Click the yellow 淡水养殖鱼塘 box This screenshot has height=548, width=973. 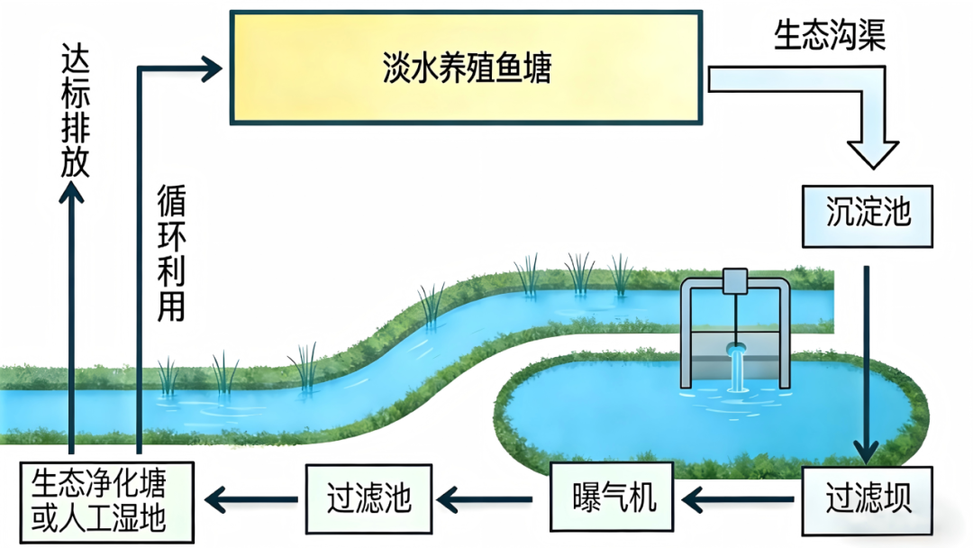[466, 68]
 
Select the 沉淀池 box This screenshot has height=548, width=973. [868, 215]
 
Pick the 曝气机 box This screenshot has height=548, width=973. [613, 497]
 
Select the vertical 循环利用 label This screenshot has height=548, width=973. [170, 252]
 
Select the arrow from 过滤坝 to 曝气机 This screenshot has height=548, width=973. [739, 497]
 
